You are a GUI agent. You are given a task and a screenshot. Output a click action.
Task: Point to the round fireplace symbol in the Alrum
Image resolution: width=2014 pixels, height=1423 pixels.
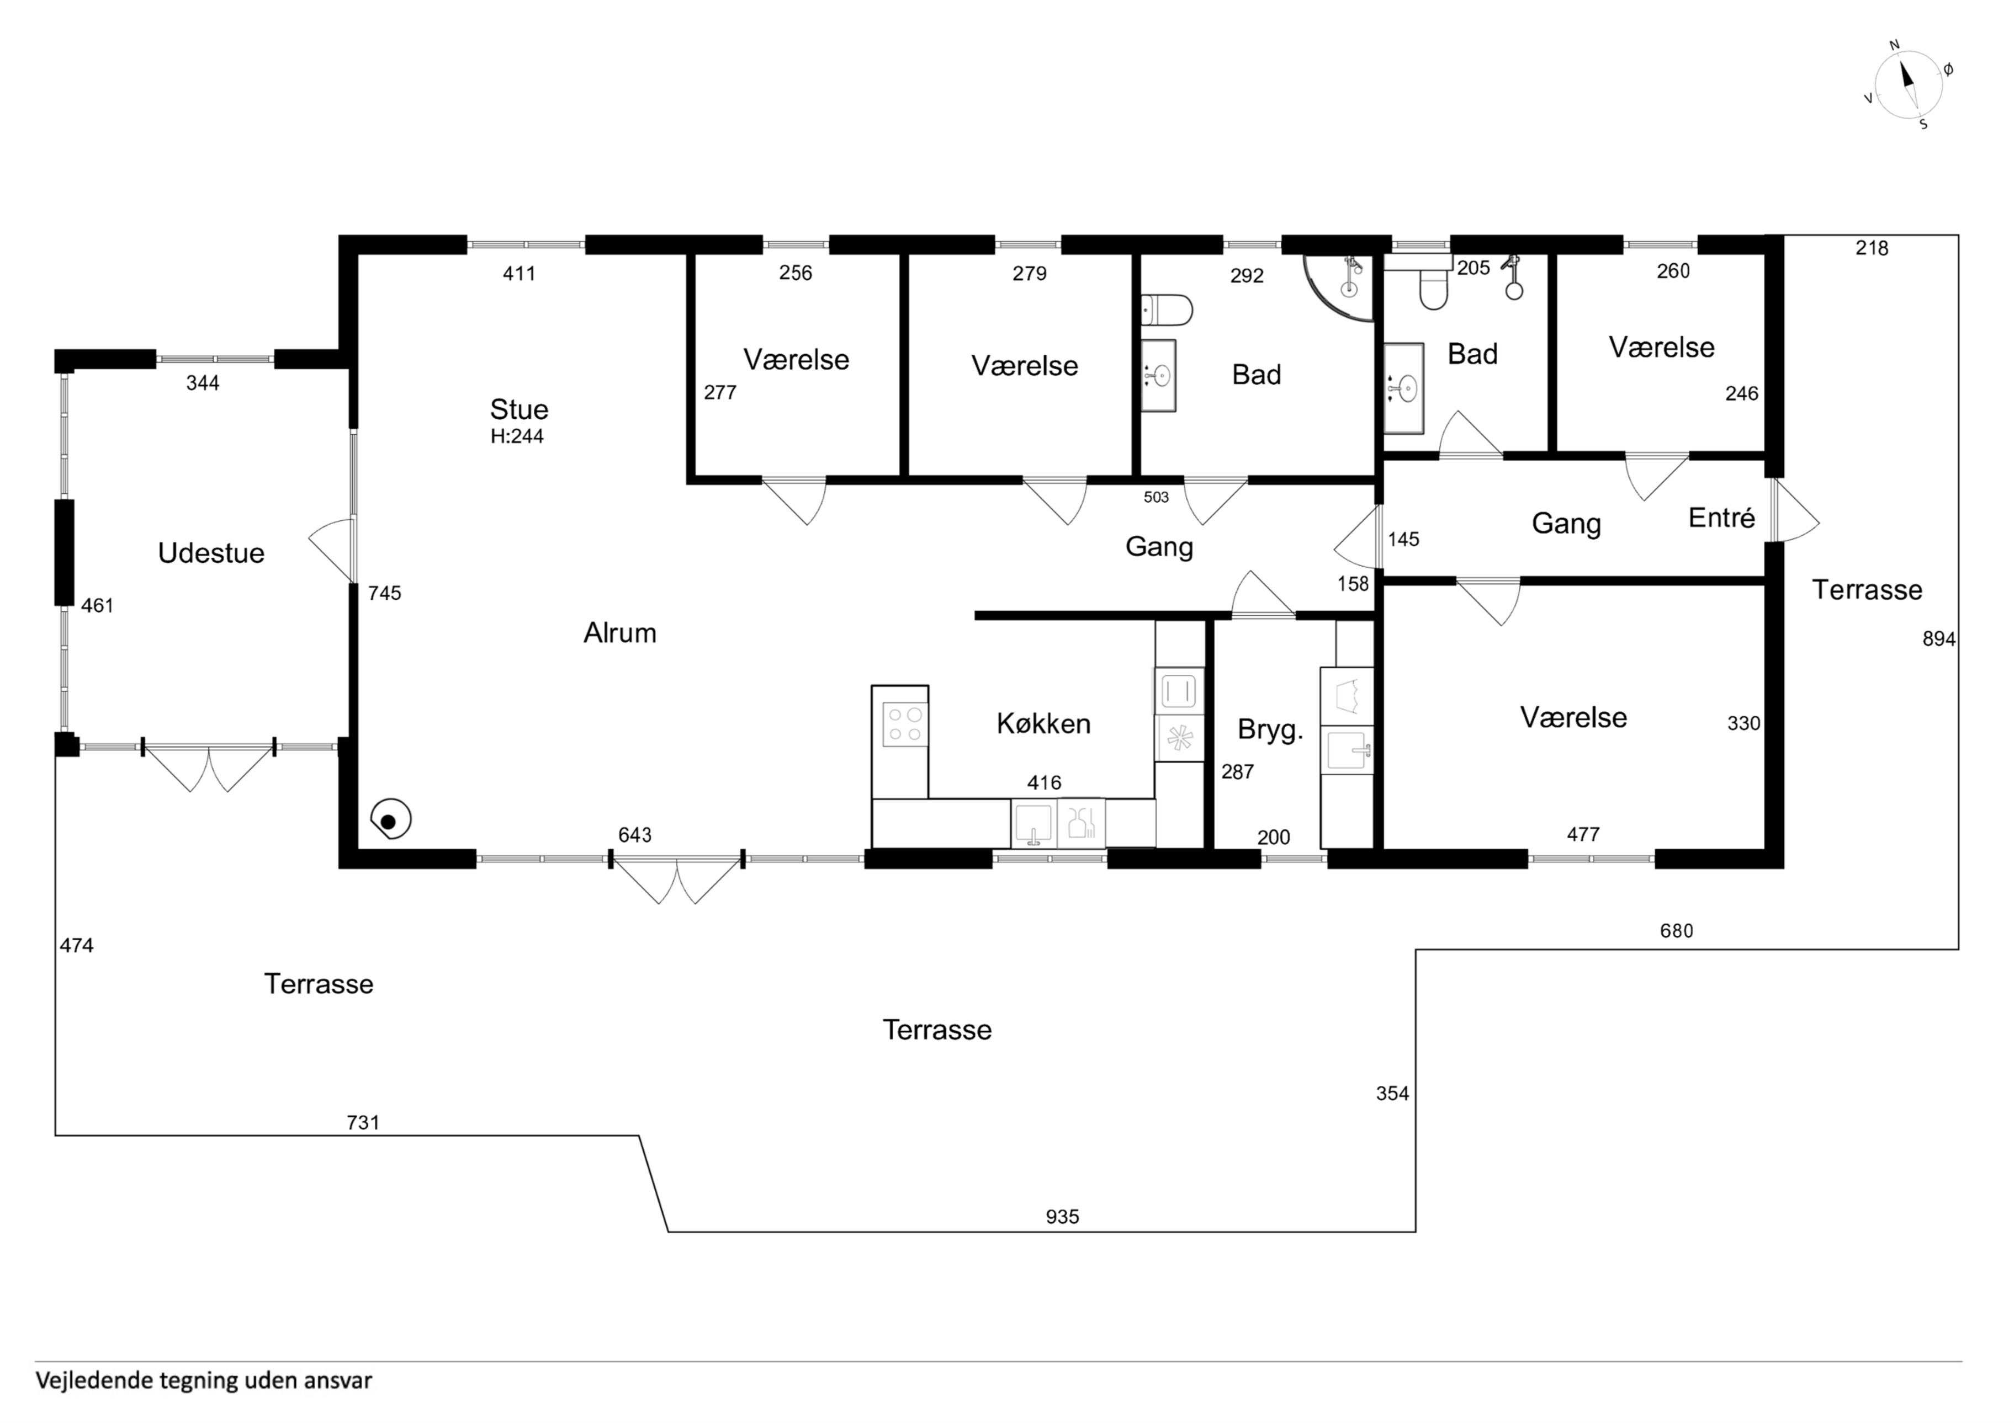391,820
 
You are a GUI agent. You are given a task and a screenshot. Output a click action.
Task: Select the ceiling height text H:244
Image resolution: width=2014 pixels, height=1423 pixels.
517,436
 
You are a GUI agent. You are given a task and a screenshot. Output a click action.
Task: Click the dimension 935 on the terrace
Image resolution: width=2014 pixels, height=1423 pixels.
1062,1217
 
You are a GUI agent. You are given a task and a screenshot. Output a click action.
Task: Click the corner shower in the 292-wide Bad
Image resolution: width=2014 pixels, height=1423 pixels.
1342,285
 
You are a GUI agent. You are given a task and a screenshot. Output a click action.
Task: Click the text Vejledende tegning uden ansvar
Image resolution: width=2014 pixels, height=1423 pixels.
204,1381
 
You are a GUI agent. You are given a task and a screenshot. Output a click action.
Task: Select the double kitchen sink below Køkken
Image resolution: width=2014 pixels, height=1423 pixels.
1058,823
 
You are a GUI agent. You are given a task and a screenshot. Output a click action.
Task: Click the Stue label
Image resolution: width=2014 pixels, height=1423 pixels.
520,409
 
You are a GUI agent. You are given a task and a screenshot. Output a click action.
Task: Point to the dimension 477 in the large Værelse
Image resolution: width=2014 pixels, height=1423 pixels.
1583,835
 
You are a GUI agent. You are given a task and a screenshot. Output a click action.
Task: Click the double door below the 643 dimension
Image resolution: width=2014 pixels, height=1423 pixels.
676,880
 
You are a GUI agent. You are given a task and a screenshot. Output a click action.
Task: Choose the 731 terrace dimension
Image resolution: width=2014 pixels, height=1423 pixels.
363,1122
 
